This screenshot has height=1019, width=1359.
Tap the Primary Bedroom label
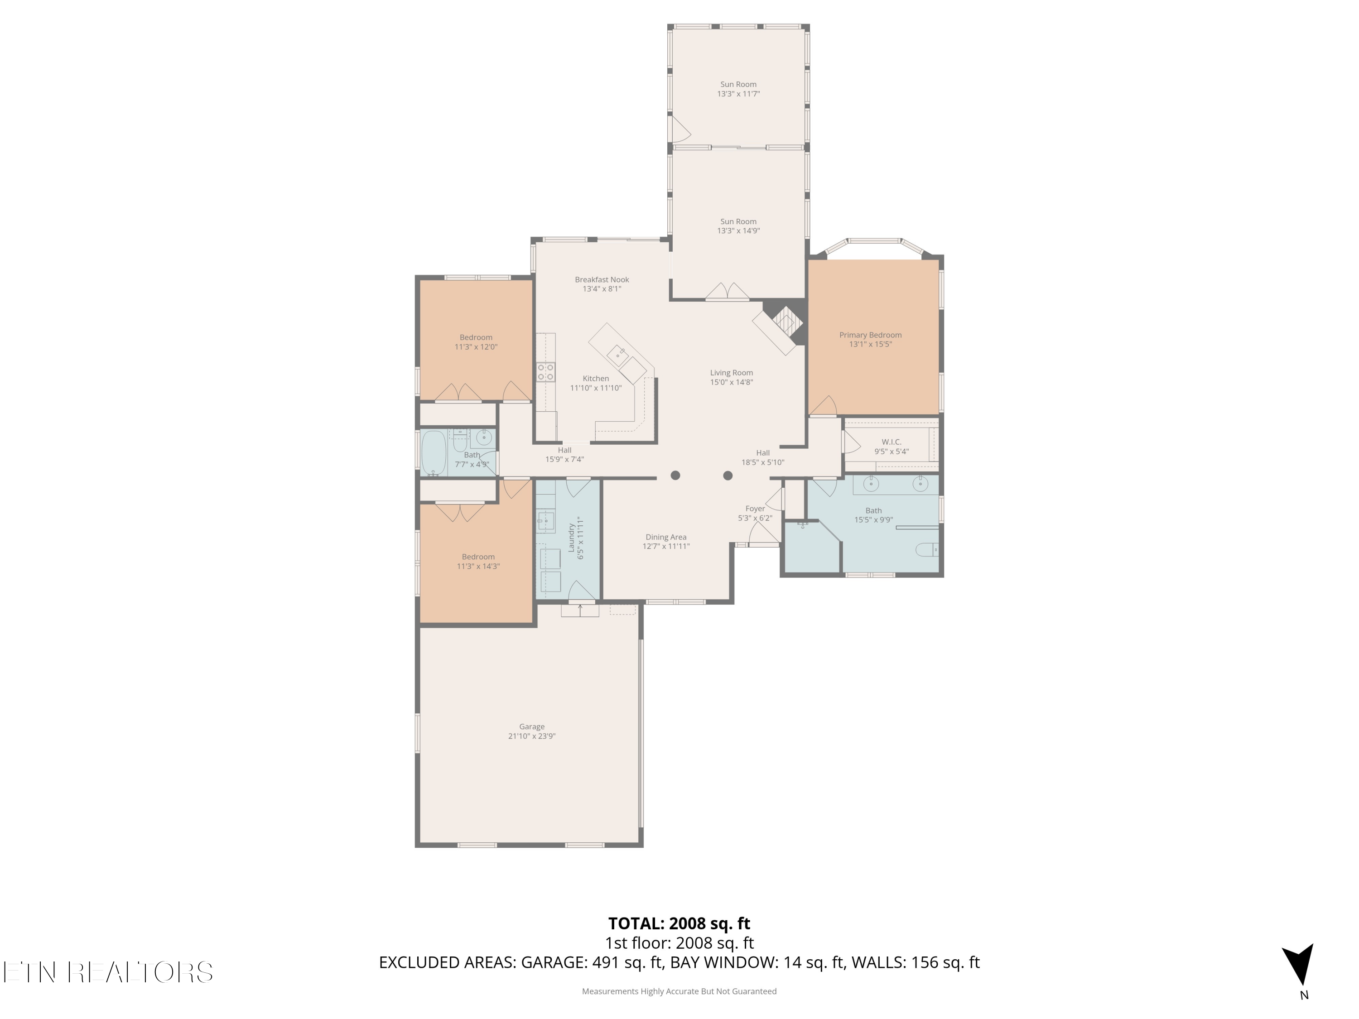click(871, 335)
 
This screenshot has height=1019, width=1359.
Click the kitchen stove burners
click(545, 372)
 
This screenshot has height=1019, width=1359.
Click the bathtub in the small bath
click(434, 453)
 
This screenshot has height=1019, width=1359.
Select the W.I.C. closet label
click(892, 442)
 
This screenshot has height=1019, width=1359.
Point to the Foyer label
click(755, 509)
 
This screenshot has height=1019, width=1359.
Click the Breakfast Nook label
click(602, 279)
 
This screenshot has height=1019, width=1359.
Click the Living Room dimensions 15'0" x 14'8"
click(731, 382)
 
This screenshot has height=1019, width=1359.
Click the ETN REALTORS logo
click(108, 972)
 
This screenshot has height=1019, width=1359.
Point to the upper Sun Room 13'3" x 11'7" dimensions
click(738, 94)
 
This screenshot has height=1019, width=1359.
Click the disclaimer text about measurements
click(679, 991)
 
